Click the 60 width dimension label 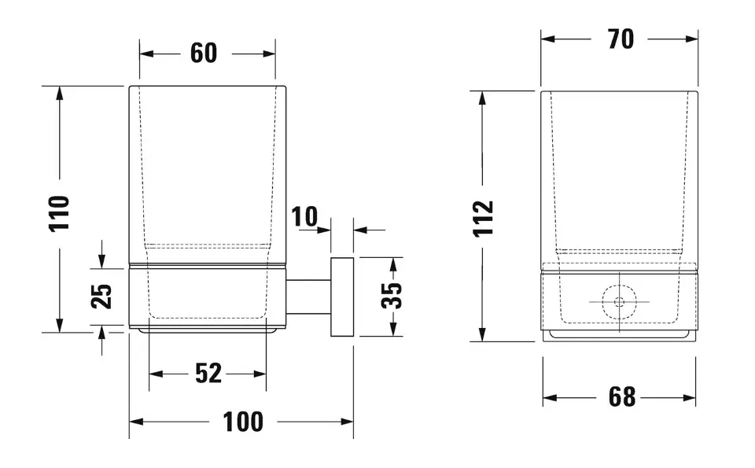click(x=203, y=53)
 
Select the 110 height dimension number click(x=60, y=213)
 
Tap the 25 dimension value click(x=101, y=296)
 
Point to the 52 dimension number click(x=208, y=374)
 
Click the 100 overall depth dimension click(x=243, y=422)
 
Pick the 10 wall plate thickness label click(x=304, y=216)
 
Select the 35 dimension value click(x=392, y=295)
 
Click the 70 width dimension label click(x=621, y=39)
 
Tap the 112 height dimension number click(x=484, y=218)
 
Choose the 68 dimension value click(x=621, y=397)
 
